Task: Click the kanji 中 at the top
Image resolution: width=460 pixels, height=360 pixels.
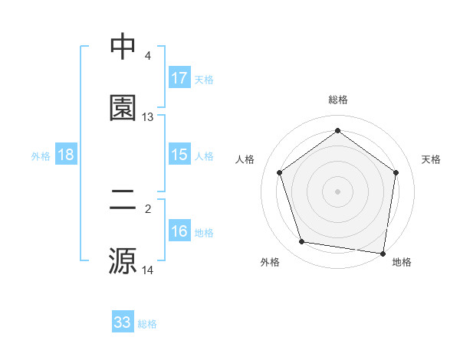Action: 123,47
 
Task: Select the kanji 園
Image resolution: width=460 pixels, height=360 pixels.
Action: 123,108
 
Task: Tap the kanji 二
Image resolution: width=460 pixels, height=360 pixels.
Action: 123,199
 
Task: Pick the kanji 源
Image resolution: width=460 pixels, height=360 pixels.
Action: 123,260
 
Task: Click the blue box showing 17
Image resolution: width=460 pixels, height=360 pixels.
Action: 179,78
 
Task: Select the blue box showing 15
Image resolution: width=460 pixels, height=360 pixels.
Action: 179,155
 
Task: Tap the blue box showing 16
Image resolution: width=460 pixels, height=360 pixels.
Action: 179,231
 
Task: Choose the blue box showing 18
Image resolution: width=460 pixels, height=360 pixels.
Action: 66,155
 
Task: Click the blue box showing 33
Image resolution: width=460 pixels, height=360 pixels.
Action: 123,322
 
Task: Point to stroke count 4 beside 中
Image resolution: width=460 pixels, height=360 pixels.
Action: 148,56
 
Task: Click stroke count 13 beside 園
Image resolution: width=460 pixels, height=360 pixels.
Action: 148,117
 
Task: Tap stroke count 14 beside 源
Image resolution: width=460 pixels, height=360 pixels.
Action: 148,270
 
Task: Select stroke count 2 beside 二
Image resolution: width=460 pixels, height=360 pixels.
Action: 148,208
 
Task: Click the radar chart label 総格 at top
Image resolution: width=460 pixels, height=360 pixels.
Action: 338,100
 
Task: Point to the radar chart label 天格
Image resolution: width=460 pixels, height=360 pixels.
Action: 431,159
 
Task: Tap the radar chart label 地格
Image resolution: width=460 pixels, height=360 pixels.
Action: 402,262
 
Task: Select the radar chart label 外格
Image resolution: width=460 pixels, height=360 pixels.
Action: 270,262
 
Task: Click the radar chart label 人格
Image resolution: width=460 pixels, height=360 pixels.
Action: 245,159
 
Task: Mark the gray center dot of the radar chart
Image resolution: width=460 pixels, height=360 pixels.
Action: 337,191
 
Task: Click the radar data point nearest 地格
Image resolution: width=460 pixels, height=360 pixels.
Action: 383,252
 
